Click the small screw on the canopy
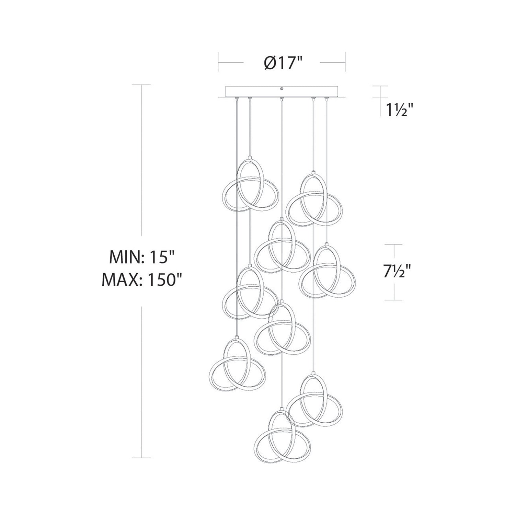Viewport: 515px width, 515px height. [x=282, y=89]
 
